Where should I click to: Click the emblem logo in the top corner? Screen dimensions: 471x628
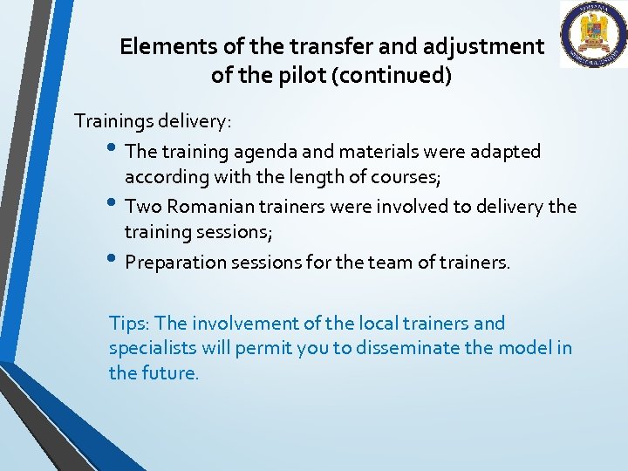coord(593,35)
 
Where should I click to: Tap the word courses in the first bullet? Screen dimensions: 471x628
coord(407,178)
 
